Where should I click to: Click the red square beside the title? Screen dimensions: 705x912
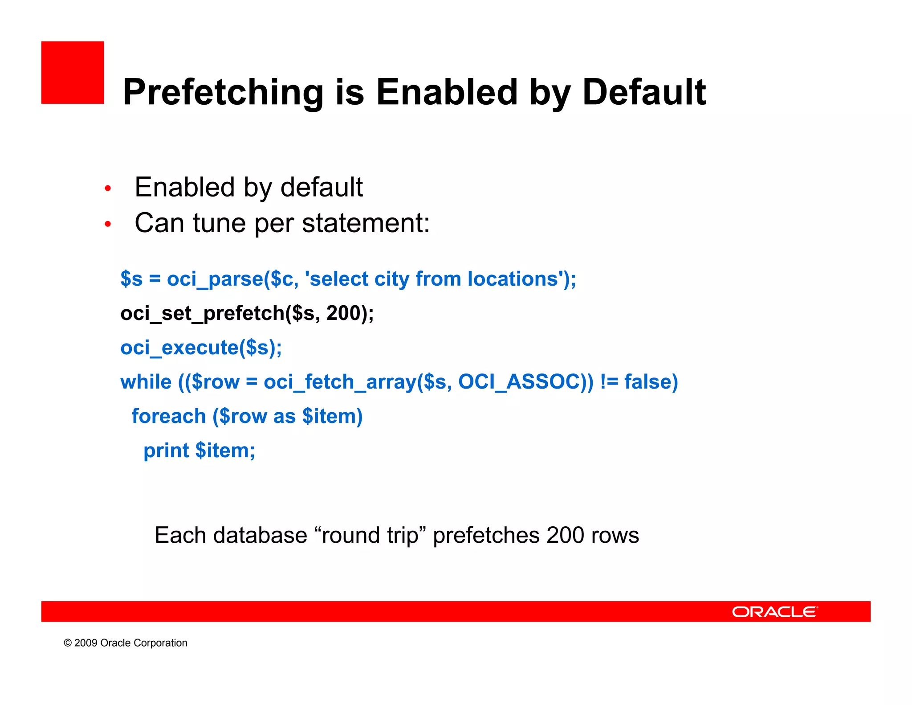point(73,73)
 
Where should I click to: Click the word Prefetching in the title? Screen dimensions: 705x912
point(223,92)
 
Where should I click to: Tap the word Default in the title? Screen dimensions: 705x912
point(644,92)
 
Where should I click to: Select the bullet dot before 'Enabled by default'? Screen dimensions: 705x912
point(107,189)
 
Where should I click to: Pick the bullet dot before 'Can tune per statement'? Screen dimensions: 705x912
point(107,224)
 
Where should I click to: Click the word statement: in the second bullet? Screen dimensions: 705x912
point(366,223)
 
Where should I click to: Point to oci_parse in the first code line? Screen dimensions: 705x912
point(215,279)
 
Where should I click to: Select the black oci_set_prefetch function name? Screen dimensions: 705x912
point(202,313)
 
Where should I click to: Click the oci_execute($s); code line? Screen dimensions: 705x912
point(201,348)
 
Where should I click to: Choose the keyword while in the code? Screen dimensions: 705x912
point(146,382)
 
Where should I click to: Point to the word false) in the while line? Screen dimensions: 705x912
point(651,382)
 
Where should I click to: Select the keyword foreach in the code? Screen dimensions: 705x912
point(168,416)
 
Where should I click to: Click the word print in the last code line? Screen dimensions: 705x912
point(166,451)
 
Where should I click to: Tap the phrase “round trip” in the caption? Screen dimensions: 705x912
point(370,535)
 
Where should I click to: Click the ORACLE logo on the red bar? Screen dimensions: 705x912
point(774,612)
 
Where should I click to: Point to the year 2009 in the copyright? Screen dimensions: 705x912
point(85,643)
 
